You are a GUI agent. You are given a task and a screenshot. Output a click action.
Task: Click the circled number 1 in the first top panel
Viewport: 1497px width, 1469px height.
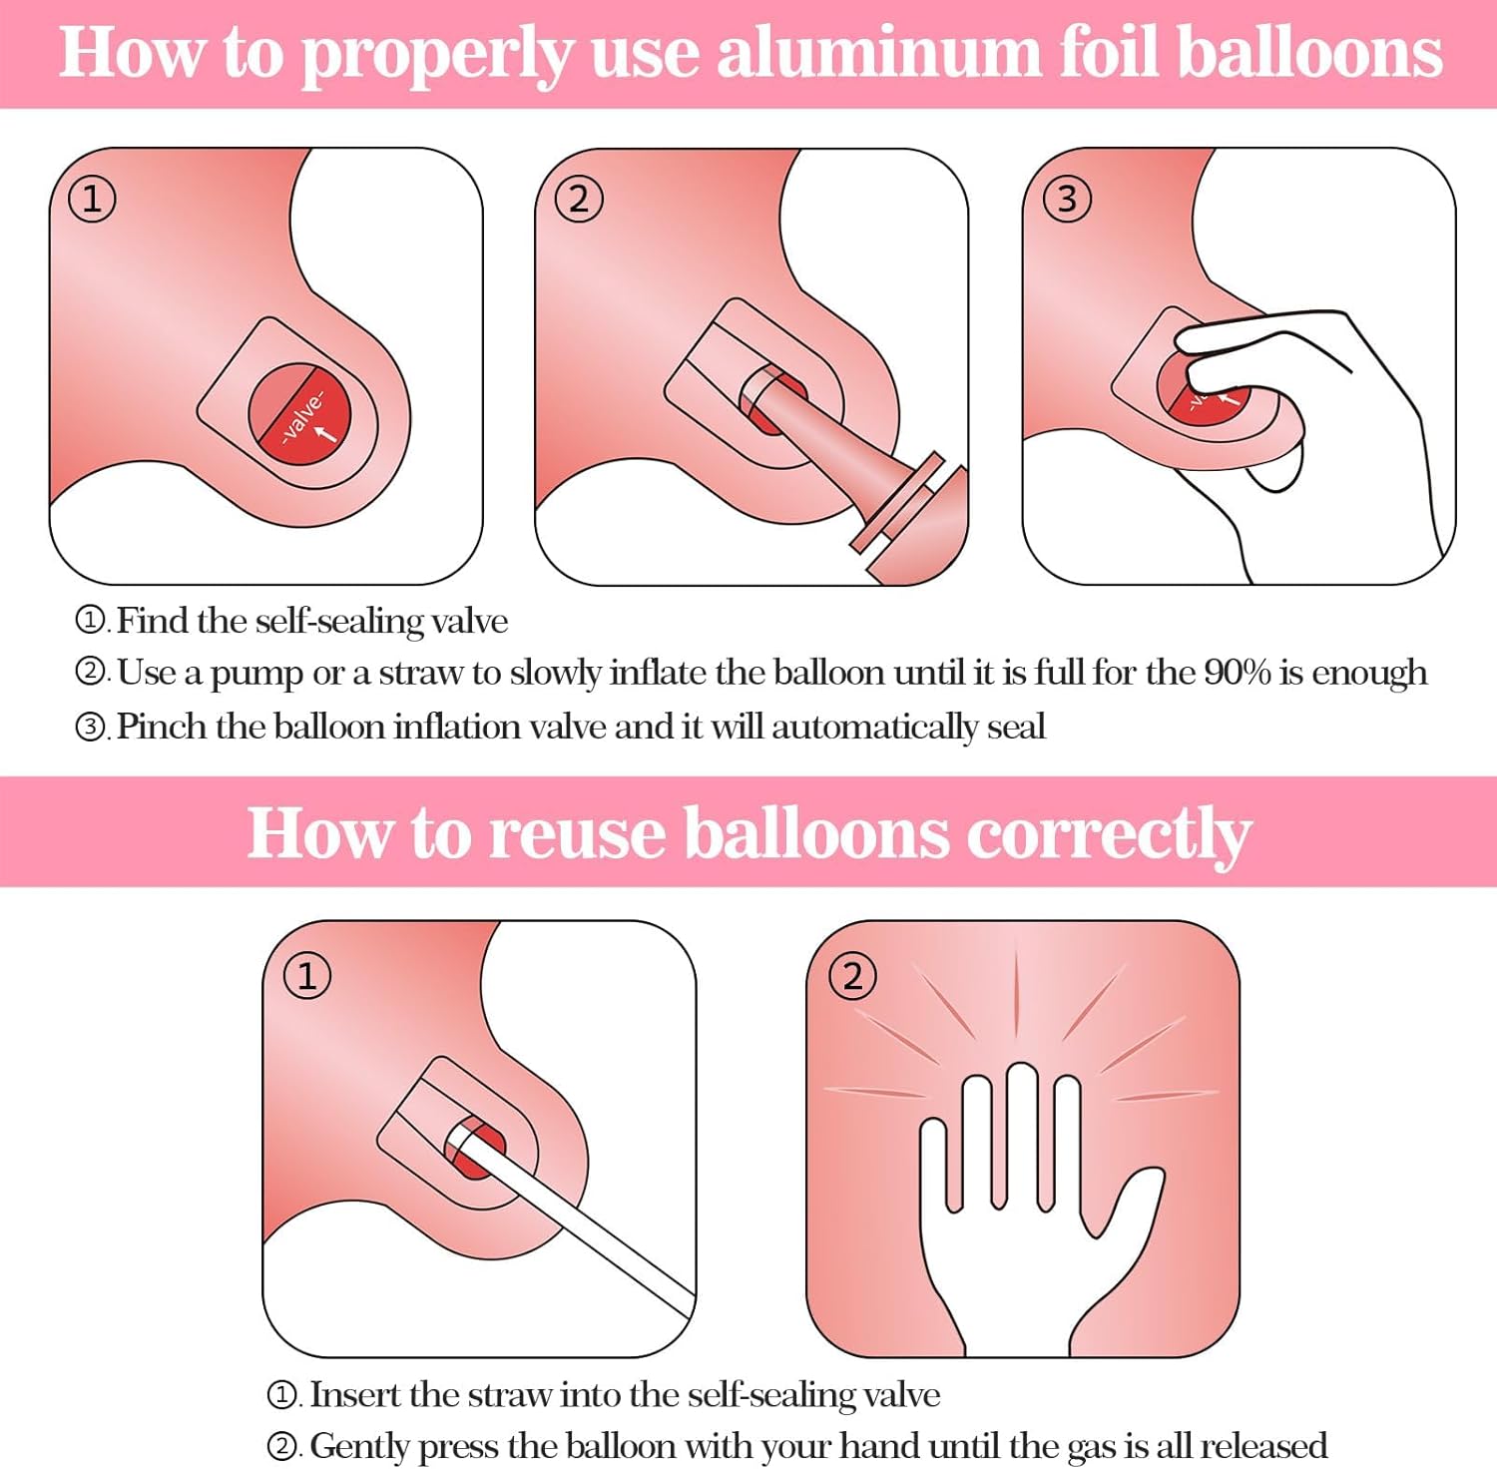[x=92, y=199]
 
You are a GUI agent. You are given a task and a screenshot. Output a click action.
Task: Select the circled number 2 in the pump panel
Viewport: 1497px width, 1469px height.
[x=579, y=199]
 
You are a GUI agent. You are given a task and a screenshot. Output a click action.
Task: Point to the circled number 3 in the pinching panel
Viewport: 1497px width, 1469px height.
[x=1067, y=199]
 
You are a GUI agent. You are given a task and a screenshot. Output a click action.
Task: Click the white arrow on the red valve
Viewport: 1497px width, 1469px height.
[x=325, y=431]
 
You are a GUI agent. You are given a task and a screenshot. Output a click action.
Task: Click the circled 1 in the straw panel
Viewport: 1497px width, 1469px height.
[x=307, y=975]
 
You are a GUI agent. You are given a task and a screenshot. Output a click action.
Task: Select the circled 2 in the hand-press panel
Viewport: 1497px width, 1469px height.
[x=852, y=975]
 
